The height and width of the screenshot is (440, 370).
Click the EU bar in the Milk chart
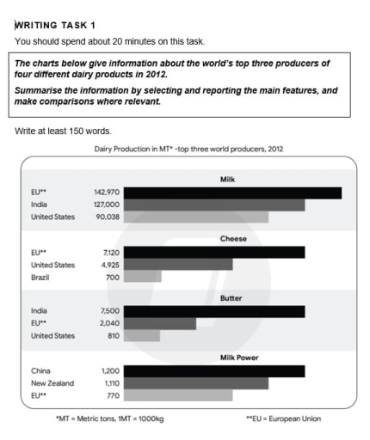click(233, 193)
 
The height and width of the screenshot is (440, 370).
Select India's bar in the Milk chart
click(215, 205)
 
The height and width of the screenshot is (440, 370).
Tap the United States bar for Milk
click(196, 217)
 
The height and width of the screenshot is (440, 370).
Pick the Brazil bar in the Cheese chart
click(143, 277)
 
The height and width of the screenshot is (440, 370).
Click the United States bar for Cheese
click(178, 265)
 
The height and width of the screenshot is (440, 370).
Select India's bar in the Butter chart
click(215, 311)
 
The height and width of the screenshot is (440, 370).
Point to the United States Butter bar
click(142, 335)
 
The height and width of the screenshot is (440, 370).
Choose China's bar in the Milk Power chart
click(215, 371)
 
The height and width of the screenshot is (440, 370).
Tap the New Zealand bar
click(196, 383)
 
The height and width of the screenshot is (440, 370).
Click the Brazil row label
click(40, 278)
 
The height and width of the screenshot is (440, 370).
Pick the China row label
click(40, 371)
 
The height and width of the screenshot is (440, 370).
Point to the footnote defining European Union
click(284, 419)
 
